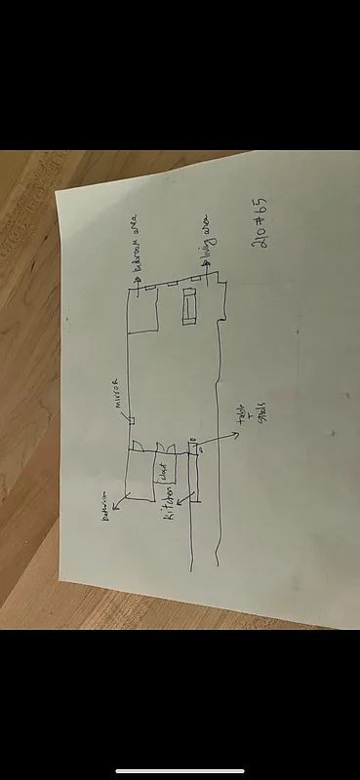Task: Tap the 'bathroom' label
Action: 108,518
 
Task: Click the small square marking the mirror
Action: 132,419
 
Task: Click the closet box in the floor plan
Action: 163,475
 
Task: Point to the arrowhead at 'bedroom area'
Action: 136,280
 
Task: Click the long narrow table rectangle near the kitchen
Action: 192,478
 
